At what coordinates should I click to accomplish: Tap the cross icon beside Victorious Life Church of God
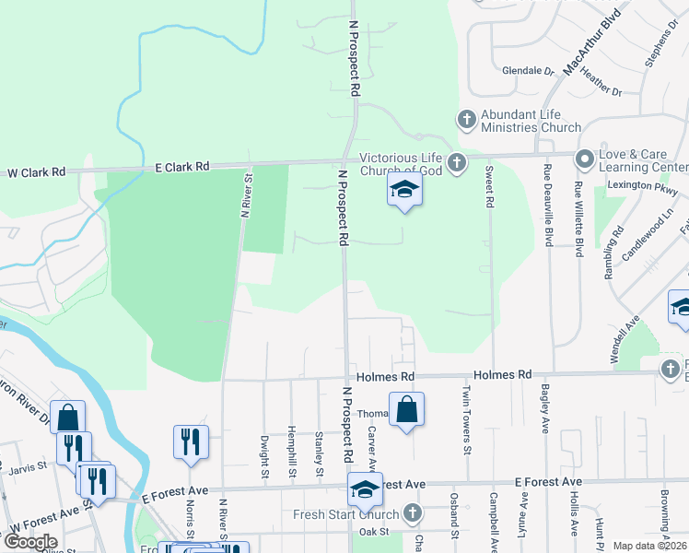455,164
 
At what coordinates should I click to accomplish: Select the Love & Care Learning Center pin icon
584,159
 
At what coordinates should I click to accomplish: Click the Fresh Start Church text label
346,514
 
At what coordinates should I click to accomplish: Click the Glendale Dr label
528,70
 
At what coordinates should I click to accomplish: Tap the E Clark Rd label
183,167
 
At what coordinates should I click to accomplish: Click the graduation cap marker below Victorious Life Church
403,191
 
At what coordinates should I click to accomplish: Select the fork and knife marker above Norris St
191,441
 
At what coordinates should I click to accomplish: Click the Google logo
30,542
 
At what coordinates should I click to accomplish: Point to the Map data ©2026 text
649,546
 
